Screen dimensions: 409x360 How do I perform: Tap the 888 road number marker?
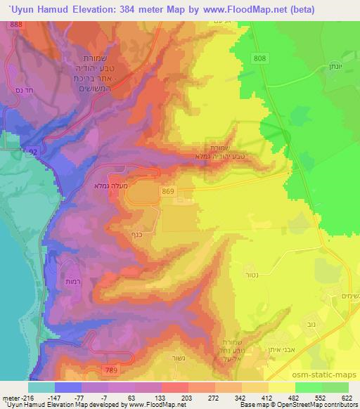pos(16,25)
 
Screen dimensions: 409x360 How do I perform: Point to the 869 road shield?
pos(167,191)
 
